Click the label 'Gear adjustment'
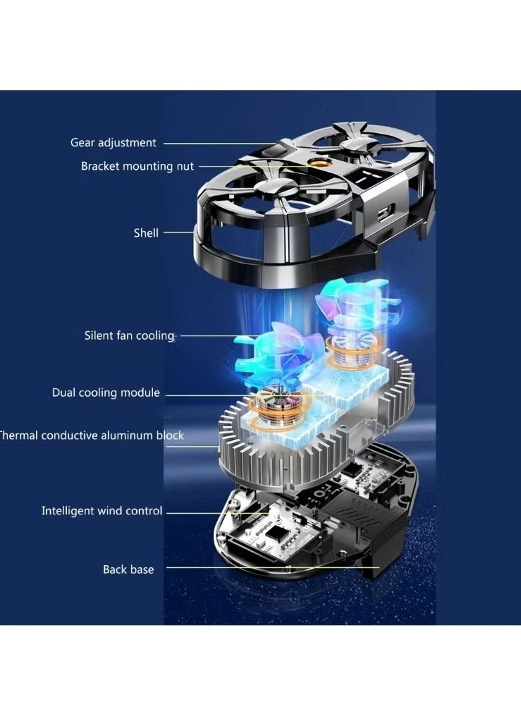coord(113,143)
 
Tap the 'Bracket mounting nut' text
coord(138,167)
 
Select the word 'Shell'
coord(146,233)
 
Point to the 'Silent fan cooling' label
coord(130,336)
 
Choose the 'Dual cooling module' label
coord(106,392)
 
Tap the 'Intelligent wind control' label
coord(102,510)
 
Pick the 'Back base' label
coord(128,569)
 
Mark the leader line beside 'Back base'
coord(273,567)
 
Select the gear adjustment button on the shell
coord(275,150)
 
